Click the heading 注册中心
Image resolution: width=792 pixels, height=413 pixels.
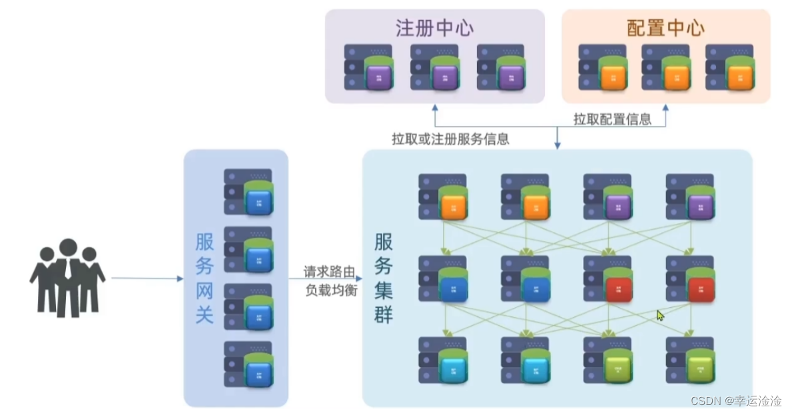(434, 29)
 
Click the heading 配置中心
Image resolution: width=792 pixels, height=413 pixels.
(665, 29)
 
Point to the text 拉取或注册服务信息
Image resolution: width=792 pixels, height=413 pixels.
(450, 140)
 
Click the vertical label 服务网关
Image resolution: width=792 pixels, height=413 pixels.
(204, 278)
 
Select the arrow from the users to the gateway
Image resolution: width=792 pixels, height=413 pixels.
(147, 278)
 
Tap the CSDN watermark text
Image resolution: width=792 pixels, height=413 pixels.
(735, 401)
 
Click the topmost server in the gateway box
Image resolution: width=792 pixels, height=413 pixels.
(248, 192)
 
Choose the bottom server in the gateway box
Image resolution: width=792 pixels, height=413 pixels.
(248, 364)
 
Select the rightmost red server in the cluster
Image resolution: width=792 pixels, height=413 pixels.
(690, 279)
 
